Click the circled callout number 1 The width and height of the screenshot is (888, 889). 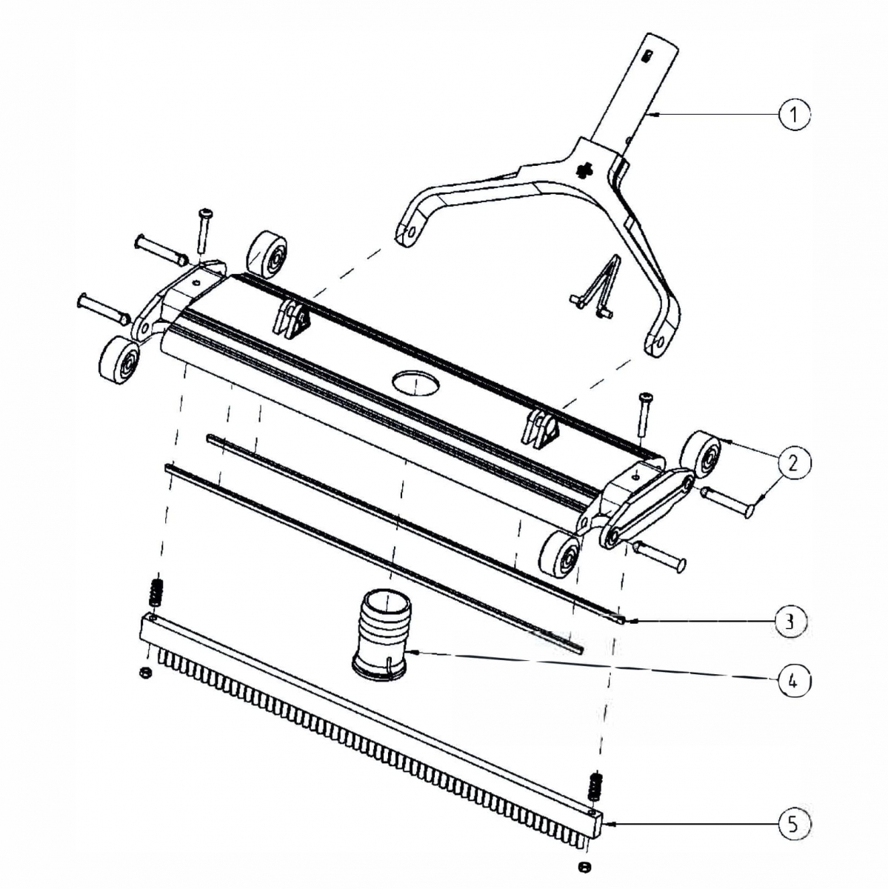tap(794, 115)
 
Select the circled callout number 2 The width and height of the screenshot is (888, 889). tap(793, 463)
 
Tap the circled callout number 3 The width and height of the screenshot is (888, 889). tap(790, 621)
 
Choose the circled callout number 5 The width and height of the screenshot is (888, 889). tap(793, 824)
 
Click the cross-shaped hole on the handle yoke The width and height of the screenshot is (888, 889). tap(585, 170)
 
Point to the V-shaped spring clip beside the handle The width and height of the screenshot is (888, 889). tap(600, 289)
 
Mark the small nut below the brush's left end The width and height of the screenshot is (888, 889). tap(146, 673)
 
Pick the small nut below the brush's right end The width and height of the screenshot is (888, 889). tap(584, 867)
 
